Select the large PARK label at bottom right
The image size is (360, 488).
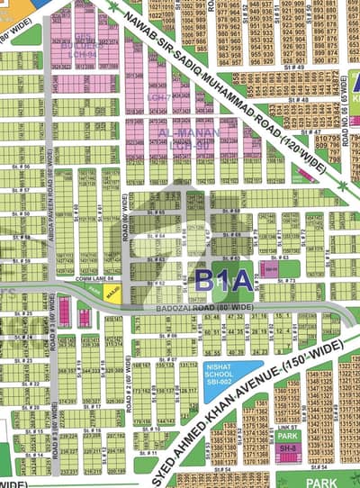pos(320,482)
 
